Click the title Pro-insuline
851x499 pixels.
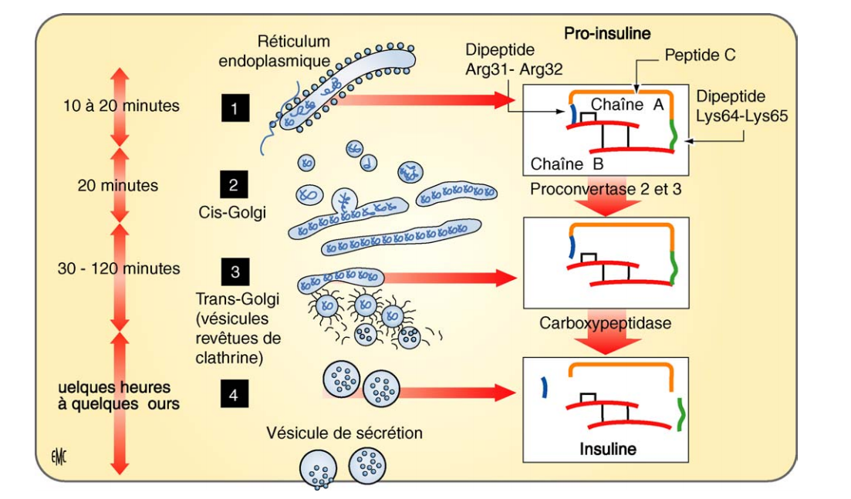point(607,33)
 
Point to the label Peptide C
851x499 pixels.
point(700,55)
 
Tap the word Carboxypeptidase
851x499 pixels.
point(606,323)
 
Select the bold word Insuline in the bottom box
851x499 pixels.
point(609,448)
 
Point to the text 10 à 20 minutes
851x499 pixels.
point(121,106)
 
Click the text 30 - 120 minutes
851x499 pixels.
point(119,268)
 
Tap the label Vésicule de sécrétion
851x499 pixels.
point(345,433)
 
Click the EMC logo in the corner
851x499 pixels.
point(58,456)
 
